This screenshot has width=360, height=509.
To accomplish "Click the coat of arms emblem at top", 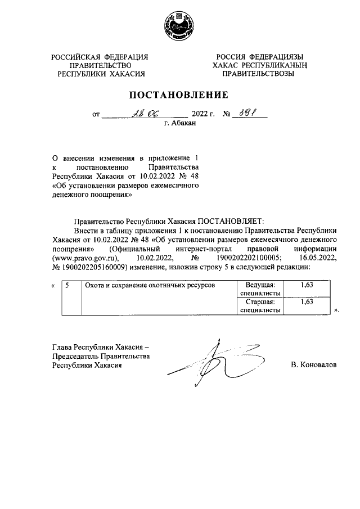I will (x=179, y=25).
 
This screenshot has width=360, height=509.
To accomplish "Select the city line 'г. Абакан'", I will (x=179, y=124).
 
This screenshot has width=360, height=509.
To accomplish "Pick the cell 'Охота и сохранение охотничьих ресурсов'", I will (x=149, y=286).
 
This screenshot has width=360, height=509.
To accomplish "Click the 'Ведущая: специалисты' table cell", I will (x=260, y=289).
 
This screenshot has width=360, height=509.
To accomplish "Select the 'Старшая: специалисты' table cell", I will (x=260, y=305).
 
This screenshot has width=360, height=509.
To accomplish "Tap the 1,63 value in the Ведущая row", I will (x=307, y=286).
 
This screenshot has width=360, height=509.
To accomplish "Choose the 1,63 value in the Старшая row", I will (x=307, y=302).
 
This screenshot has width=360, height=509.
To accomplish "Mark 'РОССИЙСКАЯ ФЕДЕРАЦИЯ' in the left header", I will (x=100, y=57).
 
